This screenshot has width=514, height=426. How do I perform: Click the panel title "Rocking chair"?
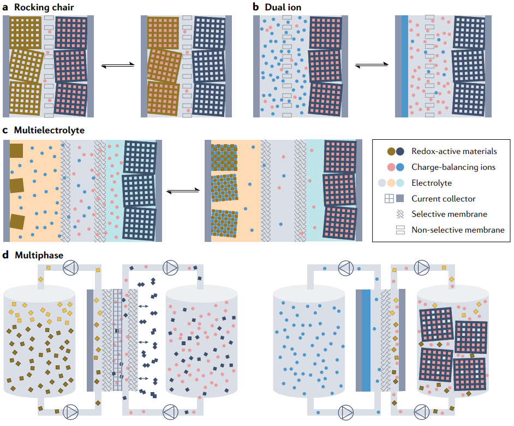pos(44,8)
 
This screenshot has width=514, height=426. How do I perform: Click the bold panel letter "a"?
pos(5,8)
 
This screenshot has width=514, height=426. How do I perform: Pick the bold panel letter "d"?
pos(5,255)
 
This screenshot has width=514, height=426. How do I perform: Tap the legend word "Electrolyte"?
pos(432,183)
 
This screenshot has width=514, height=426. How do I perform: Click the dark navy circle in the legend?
pos(400,151)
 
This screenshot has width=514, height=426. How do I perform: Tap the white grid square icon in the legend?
pos(389,199)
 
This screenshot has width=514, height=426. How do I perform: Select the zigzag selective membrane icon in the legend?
pos(400,215)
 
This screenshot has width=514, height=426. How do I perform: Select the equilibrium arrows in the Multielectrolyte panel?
pos(181,191)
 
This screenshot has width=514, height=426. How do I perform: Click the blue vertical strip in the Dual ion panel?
pos(404,66)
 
